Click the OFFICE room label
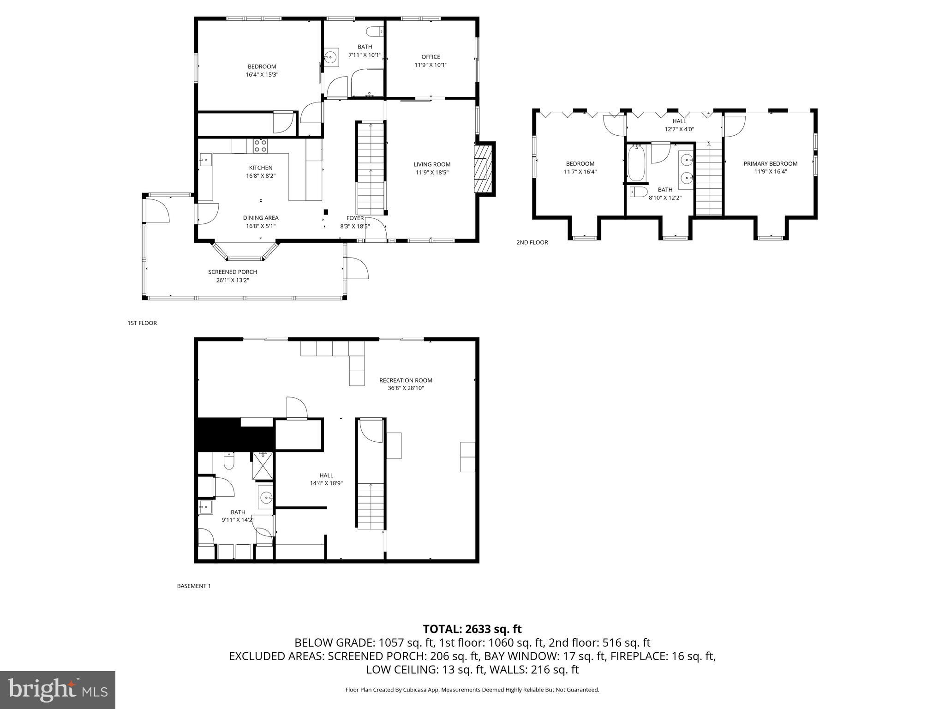click(x=431, y=57)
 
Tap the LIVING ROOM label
click(x=431, y=164)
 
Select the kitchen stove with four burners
click(x=260, y=146)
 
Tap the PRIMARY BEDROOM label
click(x=770, y=163)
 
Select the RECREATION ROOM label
click(x=406, y=380)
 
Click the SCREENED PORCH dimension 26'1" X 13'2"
click(x=232, y=280)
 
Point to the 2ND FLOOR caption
click(x=532, y=242)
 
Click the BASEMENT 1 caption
click(x=194, y=586)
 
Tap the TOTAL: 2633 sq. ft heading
click(x=472, y=629)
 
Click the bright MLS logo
click(x=58, y=690)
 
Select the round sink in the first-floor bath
click(x=330, y=57)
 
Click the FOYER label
click(x=355, y=218)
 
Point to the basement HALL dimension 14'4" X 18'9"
click(x=326, y=483)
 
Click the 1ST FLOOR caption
click(x=142, y=323)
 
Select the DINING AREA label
click(x=261, y=218)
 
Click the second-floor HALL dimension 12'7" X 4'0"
click(x=679, y=129)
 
